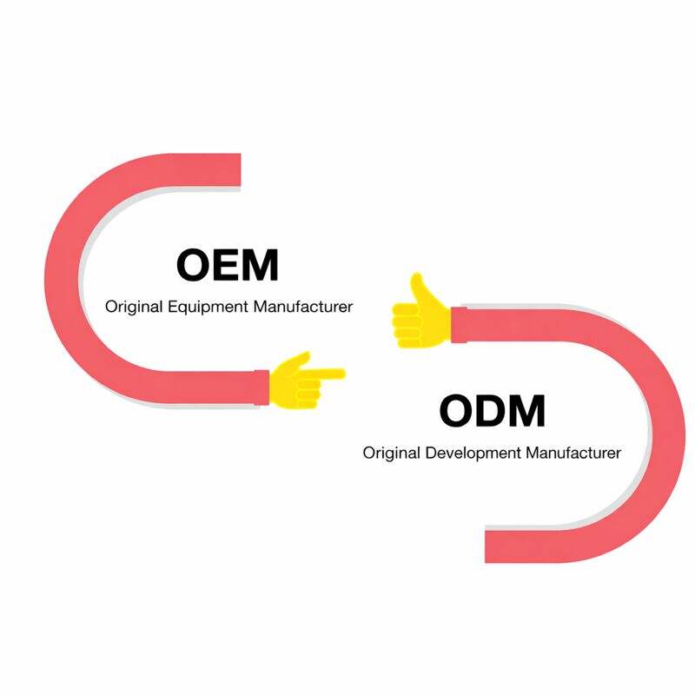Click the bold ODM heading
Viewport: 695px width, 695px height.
tap(492, 411)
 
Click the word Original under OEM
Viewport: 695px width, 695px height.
tap(129, 307)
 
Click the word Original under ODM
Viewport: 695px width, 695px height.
tap(387, 453)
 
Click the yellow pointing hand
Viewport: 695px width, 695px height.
tap(300, 381)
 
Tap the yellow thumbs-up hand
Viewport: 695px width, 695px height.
tap(420, 314)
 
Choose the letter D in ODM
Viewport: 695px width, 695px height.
tap(490, 411)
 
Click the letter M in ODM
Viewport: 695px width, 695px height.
tap(526, 411)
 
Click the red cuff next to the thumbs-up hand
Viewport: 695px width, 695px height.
tap(458, 323)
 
